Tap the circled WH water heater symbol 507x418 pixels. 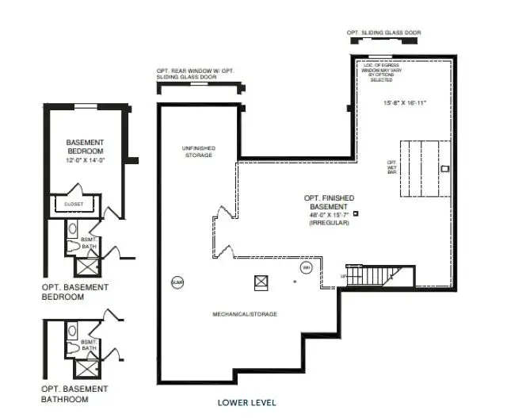point(305,268)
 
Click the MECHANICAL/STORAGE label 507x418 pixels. point(245,315)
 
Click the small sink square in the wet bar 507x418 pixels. point(444,168)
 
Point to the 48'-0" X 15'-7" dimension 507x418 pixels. point(330,214)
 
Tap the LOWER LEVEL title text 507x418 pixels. point(247,403)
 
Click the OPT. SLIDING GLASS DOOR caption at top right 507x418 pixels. point(383,33)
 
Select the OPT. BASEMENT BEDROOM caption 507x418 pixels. point(75,292)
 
